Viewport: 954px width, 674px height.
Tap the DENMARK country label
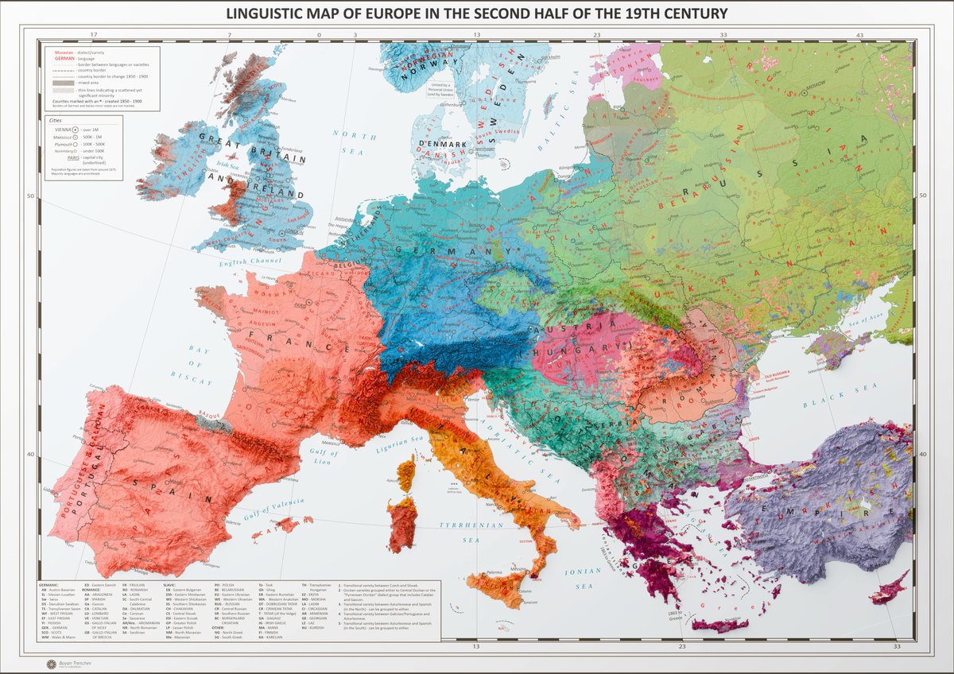pyautogui.click(x=437, y=143)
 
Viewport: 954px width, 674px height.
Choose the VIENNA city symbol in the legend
pyautogui.click(x=76, y=128)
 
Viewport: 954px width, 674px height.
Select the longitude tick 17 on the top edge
pyautogui.click(x=94, y=35)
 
